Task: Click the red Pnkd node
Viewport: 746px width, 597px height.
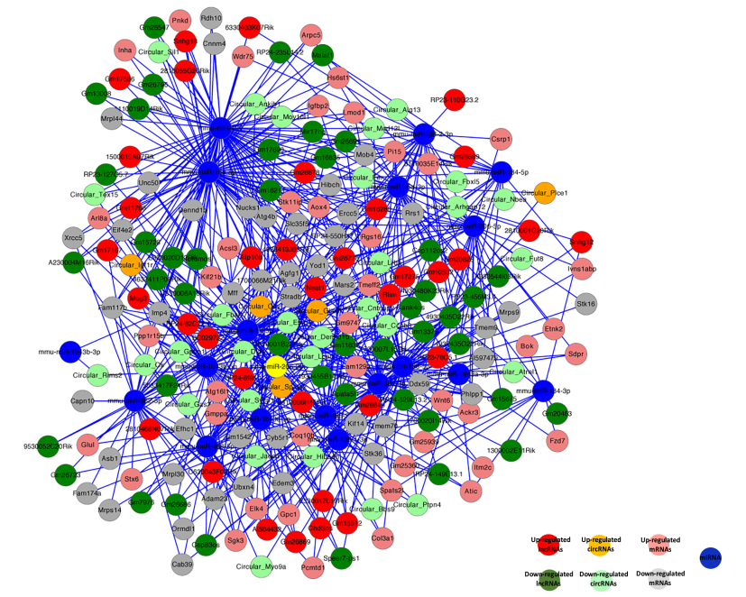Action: tap(180, 21)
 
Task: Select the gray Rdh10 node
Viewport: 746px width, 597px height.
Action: tap(211, 18)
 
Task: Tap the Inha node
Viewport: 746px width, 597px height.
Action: tap(125, 50)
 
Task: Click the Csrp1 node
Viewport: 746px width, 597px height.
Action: tap(502, 141)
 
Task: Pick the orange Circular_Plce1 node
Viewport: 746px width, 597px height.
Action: tap(544, 192)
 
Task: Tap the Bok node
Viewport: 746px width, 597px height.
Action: tap(529, 346)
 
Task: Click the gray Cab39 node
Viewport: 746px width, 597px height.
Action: tap(182, 565)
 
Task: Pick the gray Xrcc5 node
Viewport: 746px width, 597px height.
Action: tap(74, 238)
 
